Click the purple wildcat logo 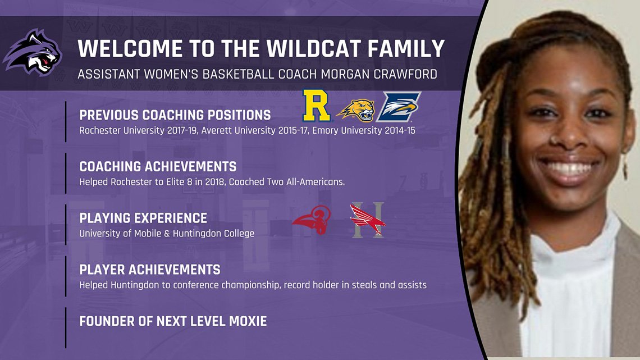click(32, 52)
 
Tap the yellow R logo click(316, 106)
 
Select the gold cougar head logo click(356, 110)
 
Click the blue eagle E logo click(399, 107)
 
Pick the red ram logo click(312, 220)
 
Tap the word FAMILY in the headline click(406, 48)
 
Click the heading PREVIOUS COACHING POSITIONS click(175, 115)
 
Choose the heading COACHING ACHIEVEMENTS click(158, 167)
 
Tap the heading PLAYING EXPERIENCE click(143, 218)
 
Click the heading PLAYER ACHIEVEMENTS click(150, 270)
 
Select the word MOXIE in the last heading click(248, 321)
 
